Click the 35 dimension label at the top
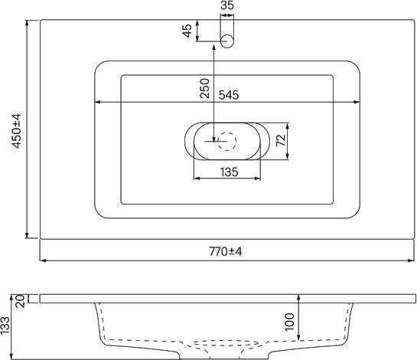(227, 5)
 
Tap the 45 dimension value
(187, 31)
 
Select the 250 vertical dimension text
(205, 88)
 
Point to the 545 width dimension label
(229, 95)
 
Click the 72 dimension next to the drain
(281, 141)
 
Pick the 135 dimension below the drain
(229, 172)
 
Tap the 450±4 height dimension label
(16, 130)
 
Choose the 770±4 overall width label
(226, 251)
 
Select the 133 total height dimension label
(5, 326)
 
